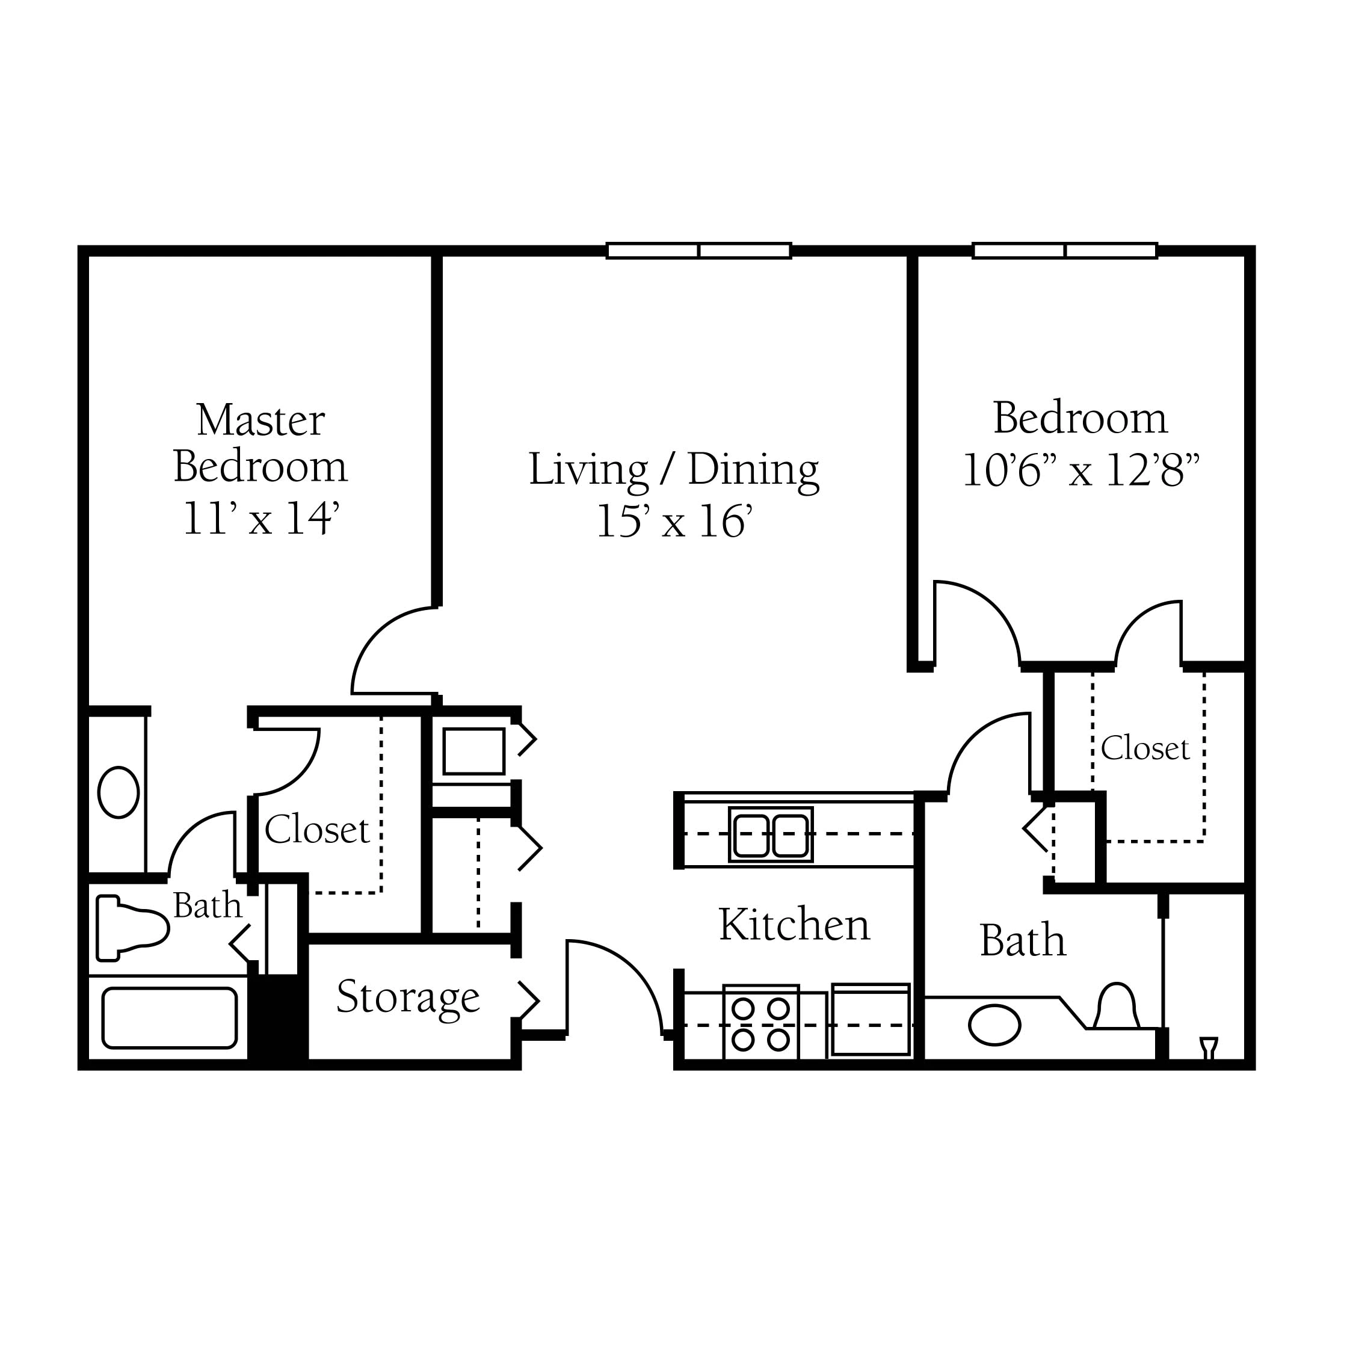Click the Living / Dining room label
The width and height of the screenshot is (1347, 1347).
[x=674, y=470]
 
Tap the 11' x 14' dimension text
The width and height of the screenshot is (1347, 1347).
[x=260, y=519]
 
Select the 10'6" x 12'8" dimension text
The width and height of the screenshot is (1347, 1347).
[x=1081, y=470]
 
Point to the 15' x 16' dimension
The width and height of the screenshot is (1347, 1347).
[x=674, y=522]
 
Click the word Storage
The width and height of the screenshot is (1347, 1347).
[x=408, y=997]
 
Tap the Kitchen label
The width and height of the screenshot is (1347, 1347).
[x=794, y=925]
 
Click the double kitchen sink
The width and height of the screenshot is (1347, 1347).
[x=771, y=834]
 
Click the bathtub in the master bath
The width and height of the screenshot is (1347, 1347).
[x=170, y=1018]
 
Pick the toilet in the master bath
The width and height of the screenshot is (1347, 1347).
[x=132, y=928]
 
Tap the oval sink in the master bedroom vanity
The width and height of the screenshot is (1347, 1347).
[x=119, y=792]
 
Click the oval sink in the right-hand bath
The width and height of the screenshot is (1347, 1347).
[x=994, y=1025]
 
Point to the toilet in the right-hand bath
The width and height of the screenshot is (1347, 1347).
[x=1115, y=1006]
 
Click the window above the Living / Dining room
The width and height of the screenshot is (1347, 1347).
[x=698, y=250]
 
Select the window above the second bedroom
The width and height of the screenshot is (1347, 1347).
[x=1065, y=250]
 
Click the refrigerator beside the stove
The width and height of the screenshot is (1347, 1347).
[x=871, y=1019]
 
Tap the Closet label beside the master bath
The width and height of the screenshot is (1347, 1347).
[x=316, y=830]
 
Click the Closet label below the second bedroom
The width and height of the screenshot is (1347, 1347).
[x=1145, y=749]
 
